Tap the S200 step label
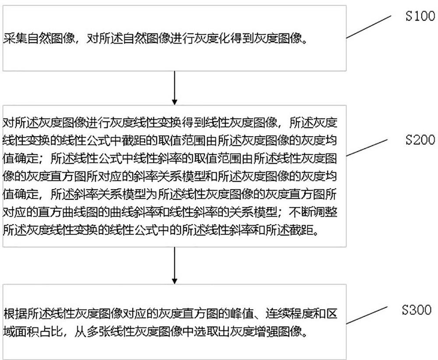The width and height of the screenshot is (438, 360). (420, 140)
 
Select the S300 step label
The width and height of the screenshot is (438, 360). (417, 311)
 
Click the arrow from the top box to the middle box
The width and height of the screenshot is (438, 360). (175, 88)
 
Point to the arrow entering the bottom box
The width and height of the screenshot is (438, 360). (175, 265)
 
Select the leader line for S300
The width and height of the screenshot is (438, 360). (368, 318)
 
